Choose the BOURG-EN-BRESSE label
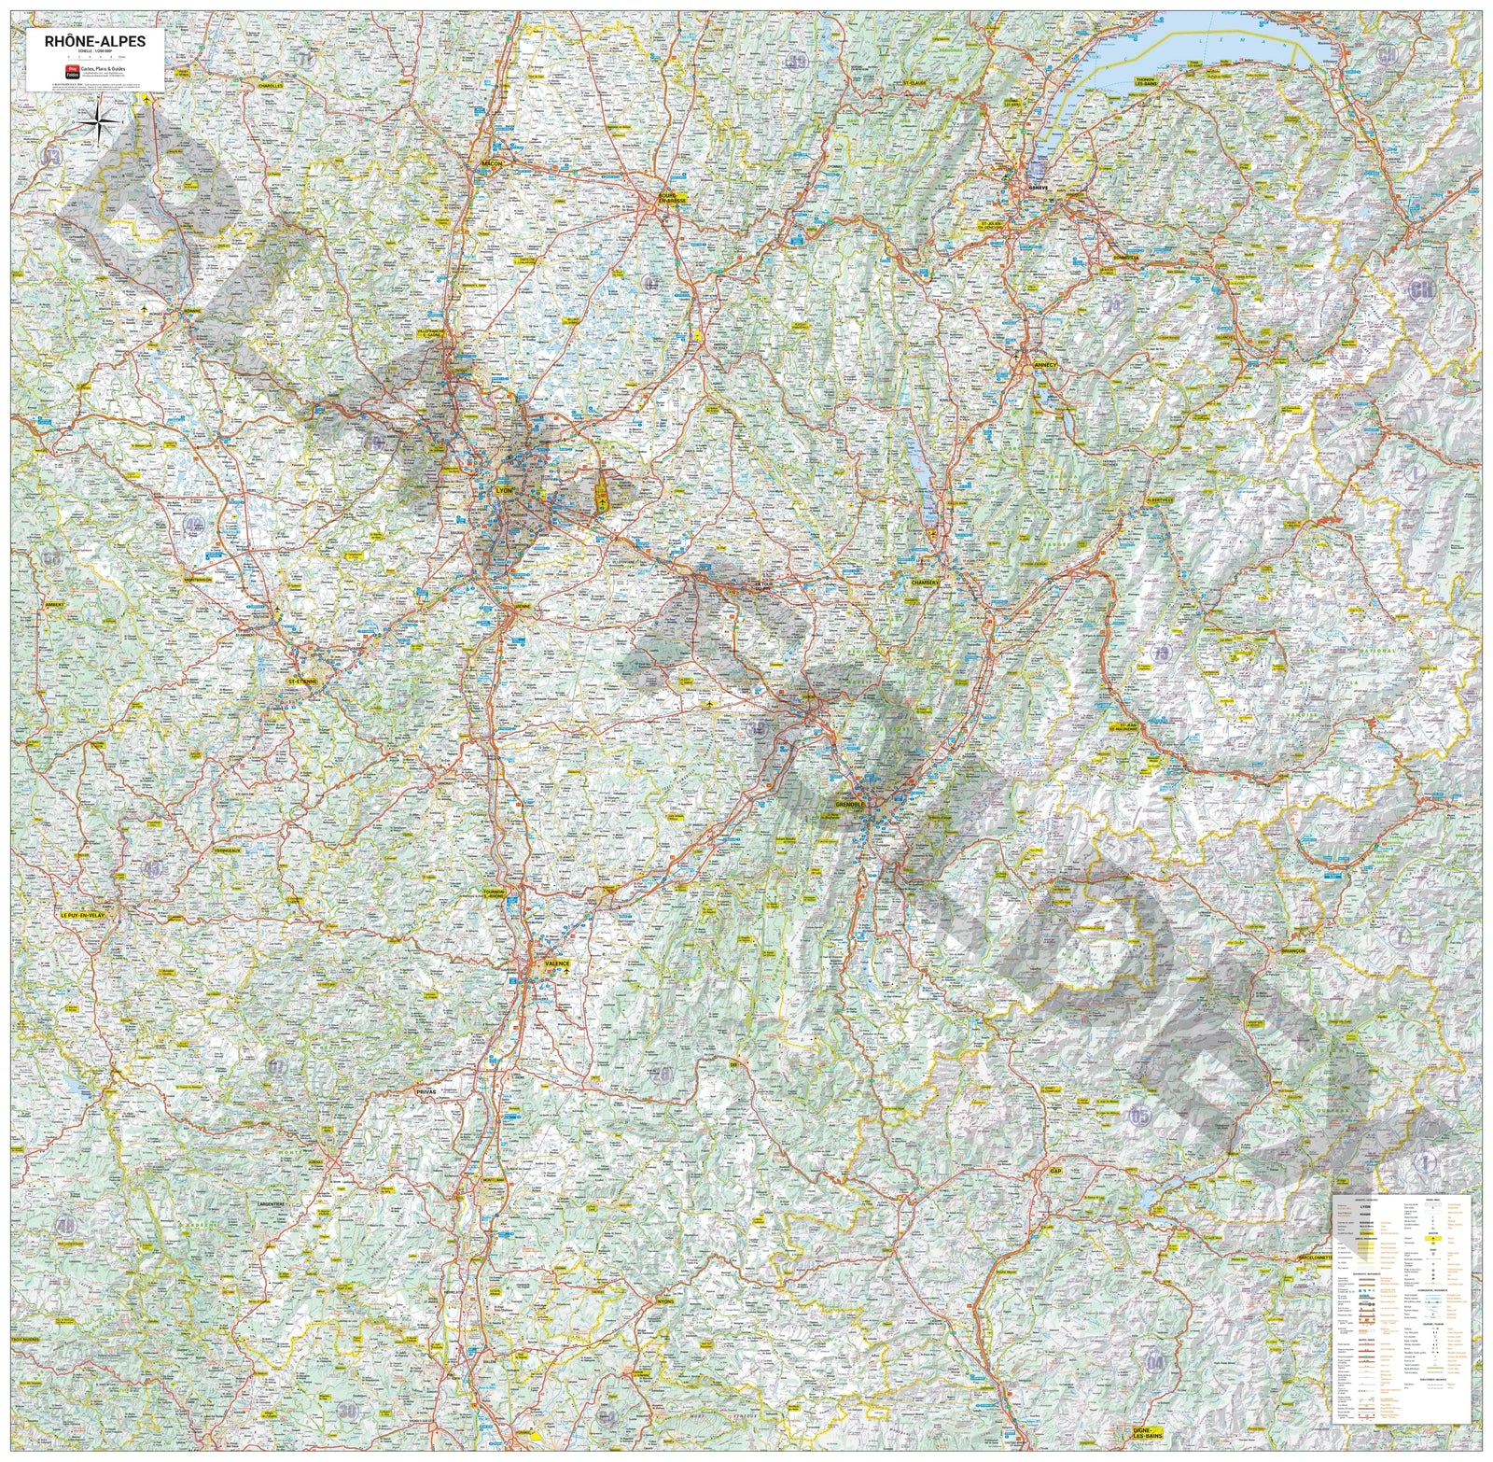670,197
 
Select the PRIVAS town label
427,1089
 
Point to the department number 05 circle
1140,1116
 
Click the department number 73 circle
1161,653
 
